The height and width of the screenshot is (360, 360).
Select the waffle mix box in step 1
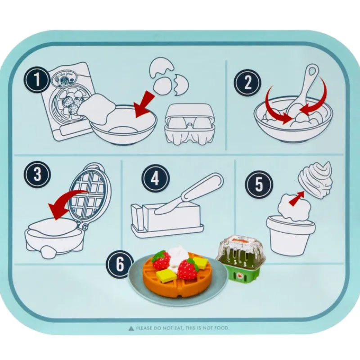[67, 97]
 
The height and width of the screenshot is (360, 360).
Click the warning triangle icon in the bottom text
[131, 328]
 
